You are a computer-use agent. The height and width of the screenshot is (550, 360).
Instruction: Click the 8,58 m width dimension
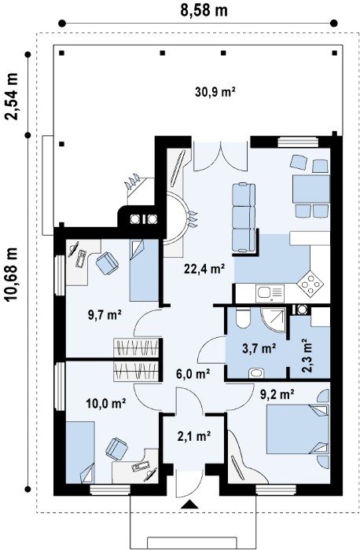click(x=204, y=10)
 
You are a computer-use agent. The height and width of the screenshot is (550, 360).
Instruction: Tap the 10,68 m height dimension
click(x=12, y=279)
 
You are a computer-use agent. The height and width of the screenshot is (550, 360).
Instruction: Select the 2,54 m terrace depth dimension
click(x=11, y=96)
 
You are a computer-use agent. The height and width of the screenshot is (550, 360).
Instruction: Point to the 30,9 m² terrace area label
click(x=215, y=92)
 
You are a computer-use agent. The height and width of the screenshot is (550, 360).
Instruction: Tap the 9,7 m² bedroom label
click(x=105, y=315)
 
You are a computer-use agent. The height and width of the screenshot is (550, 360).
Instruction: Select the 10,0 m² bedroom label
click(x=106, y=403)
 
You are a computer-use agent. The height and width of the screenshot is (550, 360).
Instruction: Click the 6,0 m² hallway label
click(x=193, y=374)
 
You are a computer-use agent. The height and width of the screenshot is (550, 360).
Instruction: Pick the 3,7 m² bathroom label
click(x=259, y=348)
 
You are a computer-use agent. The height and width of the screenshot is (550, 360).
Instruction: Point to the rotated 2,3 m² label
click(x=307, y=355)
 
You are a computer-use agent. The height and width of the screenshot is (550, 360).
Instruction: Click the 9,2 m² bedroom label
click(x=277, y=394)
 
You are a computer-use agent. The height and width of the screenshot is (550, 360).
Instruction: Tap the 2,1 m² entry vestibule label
click(x=194, y=436)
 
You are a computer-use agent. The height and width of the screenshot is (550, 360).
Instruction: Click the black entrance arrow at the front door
click(x=189, y=504)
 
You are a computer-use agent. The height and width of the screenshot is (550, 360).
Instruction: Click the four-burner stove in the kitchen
click(x=310, y=283)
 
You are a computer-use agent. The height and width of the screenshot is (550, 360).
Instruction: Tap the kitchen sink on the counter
click(x=270, y=293)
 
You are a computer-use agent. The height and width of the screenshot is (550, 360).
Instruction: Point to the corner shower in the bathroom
click(x=274, y=319)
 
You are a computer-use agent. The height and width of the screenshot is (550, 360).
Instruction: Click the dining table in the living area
click(x=311, y=189)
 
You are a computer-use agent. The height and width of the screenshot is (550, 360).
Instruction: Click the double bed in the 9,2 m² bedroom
click(x=298, y=429)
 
